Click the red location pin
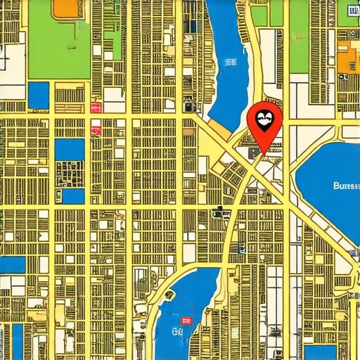click(265, 121)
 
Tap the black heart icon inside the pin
click(265, 117)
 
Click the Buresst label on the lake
click(345, 186)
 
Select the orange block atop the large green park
click(65, 7)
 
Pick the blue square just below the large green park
click(39, 95)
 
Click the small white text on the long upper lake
click(230, 63)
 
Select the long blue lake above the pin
click(229, 63)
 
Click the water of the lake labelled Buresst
click(330, 169)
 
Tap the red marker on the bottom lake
click(186, 320)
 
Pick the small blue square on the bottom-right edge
click(320, 352)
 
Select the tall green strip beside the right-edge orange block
click(299, 35)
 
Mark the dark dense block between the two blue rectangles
click(69, 173)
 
